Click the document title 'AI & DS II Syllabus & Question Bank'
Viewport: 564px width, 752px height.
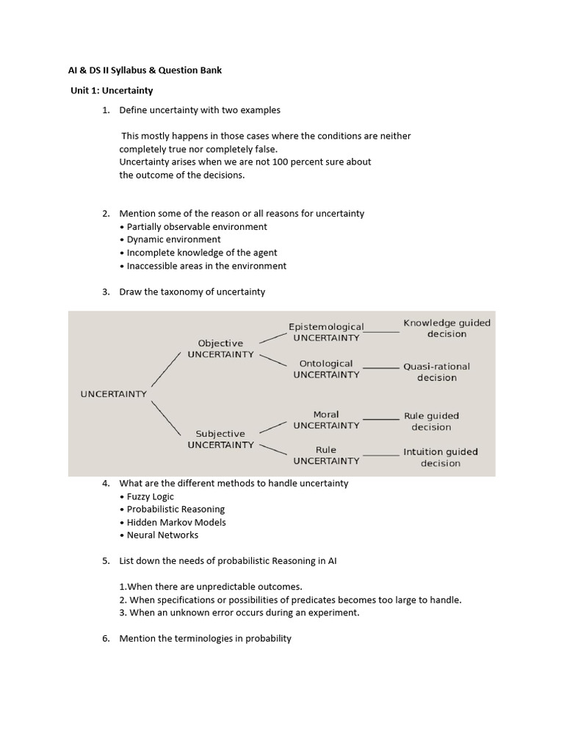[x=140, y=70]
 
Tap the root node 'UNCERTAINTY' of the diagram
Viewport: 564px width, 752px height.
[x=113, y=394]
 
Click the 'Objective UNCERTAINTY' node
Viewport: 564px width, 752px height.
[x=220, y=349]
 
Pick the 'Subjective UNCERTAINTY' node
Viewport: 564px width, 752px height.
[x=220, y=439]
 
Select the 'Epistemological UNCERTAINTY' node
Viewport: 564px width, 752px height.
[x=326, y=332]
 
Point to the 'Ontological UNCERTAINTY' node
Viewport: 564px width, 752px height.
[x=326, y=369]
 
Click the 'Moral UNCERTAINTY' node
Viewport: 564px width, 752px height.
[x=326, y=419]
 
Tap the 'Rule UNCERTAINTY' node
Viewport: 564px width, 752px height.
[x=326, y=455]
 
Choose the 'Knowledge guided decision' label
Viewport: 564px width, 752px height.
[x=446, y=328]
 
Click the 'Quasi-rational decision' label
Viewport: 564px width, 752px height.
[x=436, y=372]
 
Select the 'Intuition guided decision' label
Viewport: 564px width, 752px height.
[x=441, y=457]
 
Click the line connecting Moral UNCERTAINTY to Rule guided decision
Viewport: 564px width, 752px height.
[x=381, y=419]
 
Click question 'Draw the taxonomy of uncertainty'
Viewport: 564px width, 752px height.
[x=192, y=292]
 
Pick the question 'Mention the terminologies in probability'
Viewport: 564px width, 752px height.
[x=205, y=638]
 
